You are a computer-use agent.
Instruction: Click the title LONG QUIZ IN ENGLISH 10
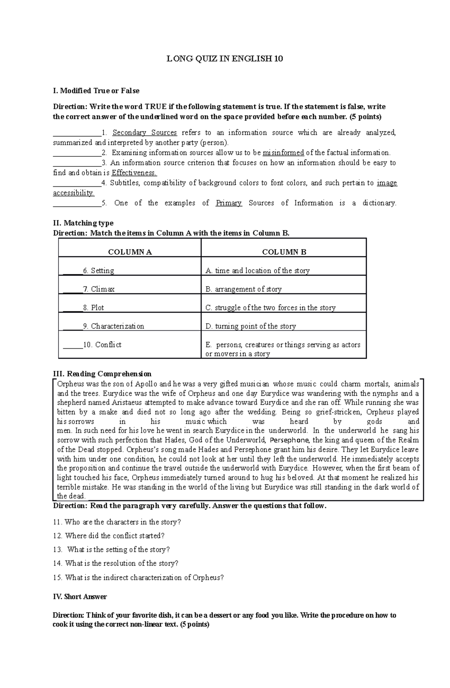pos(225,58)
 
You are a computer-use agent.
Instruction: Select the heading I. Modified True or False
pos(96,91)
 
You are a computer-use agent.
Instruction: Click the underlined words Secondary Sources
pos(144,133)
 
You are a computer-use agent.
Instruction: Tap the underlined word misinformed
pos(283,153)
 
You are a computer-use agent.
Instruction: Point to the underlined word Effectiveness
pos(134,173)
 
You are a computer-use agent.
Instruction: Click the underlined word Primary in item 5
pos(229,203)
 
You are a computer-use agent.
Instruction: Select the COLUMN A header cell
pos(130,252)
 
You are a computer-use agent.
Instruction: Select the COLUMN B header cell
pos(284,252)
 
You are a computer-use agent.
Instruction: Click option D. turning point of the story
pos(250,326)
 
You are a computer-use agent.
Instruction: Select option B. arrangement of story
pos(243,289)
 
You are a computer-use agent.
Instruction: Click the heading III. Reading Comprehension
pos(102,374)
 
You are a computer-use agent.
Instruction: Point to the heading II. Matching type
pos(83,223)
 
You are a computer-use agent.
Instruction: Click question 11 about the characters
pos(117,522)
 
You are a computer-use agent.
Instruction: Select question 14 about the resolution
pos(115,563)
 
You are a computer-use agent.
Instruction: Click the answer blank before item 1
pos(77,133)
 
